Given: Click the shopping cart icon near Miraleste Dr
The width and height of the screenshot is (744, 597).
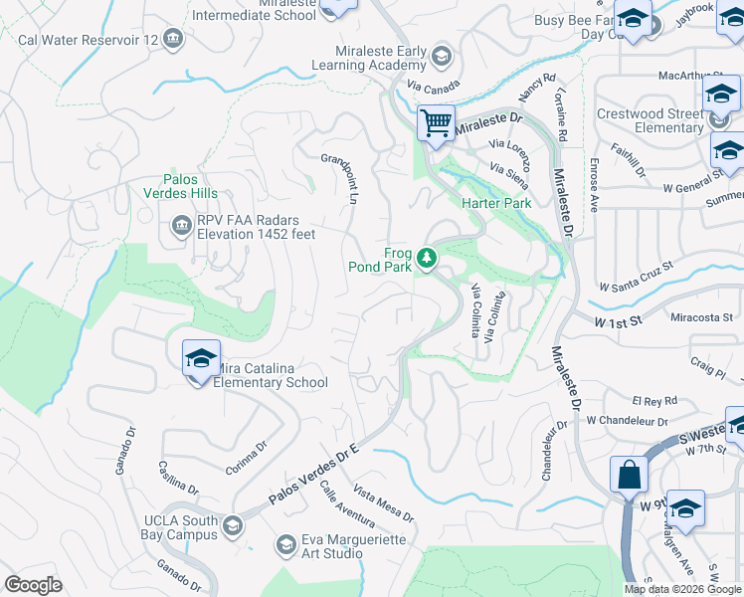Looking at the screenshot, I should (x=436, y=124).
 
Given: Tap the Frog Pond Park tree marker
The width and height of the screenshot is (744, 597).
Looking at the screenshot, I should (x=428, y=259).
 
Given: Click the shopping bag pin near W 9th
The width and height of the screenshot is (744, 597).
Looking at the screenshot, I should (x=630, y=475).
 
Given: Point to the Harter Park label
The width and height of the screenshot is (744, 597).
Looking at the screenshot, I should (x=496, y=203).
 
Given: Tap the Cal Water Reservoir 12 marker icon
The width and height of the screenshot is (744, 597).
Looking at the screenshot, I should (x=174, y=39).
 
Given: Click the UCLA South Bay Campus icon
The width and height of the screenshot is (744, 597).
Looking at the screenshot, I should (x=233, y=526).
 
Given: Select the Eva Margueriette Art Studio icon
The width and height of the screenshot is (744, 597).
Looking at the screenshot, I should (x=286, y=544).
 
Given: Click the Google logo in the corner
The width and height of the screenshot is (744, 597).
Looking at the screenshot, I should (x=33, y=585).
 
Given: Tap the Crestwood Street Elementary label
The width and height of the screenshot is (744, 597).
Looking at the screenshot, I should (x=650, y=120).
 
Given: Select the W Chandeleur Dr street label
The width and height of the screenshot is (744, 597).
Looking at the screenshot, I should (x=624, y=422).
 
